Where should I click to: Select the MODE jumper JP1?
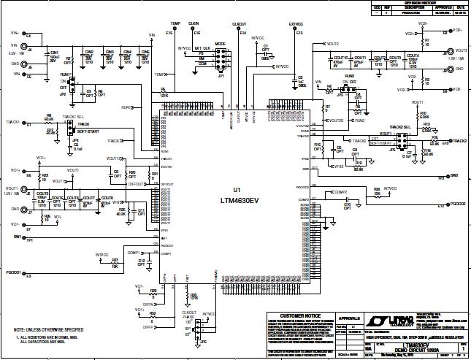coord(219,58)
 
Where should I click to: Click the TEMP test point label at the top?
coord(175,24)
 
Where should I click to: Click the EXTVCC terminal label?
coord(296,24)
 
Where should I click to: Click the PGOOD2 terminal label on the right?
coord(457,203)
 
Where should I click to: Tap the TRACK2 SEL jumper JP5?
coord(406,140)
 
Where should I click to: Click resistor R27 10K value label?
coord(115,265)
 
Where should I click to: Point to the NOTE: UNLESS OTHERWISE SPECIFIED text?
coord(48,329)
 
